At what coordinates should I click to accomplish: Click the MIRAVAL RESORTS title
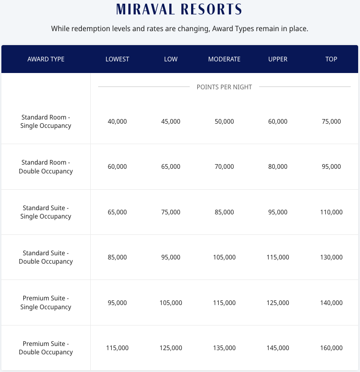tap(180, 9)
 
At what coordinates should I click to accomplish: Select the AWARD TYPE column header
tap(46, 59)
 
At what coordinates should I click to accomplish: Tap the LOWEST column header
tap(117, 59)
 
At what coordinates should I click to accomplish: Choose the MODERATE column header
tap(224, 59)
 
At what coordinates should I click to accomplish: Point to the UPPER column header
tap(278, 59)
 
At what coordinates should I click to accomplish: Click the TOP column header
tap(331, 59)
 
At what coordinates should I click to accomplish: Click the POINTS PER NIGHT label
tap(224, 87)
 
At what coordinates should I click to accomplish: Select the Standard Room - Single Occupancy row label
tap(46, 121)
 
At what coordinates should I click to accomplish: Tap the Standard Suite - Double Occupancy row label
tap(46, 257)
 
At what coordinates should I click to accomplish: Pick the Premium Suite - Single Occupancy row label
tap(46, 302)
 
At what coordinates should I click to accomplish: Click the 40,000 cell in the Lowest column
tap(117, 121)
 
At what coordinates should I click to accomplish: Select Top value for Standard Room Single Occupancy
tap(331, 121)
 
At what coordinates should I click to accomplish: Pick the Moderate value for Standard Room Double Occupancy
tap(224, 166)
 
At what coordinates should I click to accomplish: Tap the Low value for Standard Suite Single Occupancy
tap(171, 212)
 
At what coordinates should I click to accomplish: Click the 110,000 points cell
tap(331, 212)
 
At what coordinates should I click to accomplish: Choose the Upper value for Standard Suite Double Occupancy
tap(278, 257)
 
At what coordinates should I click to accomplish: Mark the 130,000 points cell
tap(331, 257)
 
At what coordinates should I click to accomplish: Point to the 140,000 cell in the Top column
tap(331, 303)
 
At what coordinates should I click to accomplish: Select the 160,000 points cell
tap(331, 348)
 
